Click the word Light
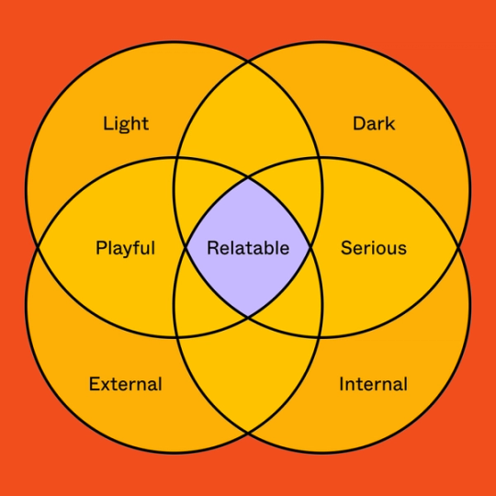point(126,123)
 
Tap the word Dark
point(374,123)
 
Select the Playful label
point(125,248)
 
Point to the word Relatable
point(248,248)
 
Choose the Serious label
point(374,248)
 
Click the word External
point(126,384)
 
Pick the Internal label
point(374,384)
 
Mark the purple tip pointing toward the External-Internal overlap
point(248,318)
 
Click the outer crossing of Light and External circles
point(38,248)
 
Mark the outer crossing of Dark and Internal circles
point(458,248)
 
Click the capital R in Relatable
point(212,248)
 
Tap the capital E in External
point(94,384)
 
